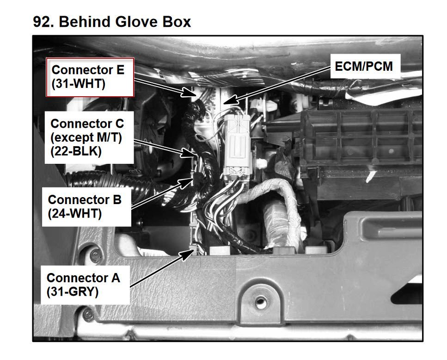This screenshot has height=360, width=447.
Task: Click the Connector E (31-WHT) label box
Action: [x=90, y=77]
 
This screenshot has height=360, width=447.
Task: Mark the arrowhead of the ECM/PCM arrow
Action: [x=230, y=99]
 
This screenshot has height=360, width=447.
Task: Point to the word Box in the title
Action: [x=177, y=22]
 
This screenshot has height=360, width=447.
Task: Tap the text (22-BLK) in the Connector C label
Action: [x=76, y=151]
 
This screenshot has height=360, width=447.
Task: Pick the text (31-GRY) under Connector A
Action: [x=73, y=292]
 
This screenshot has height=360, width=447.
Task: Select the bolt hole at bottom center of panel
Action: [x=260, y=303]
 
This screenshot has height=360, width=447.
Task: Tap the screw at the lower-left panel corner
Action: [x=88, y=315]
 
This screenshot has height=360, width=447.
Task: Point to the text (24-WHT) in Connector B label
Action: [x=75, y=214]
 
